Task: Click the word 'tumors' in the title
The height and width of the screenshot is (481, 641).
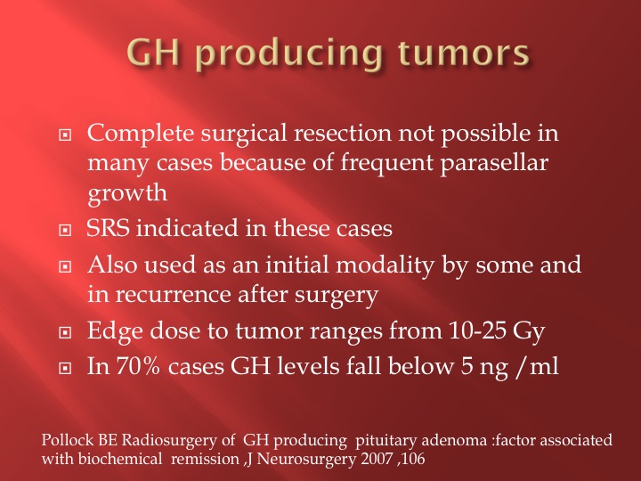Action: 464,53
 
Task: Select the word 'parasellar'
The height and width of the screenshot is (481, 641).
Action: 494,163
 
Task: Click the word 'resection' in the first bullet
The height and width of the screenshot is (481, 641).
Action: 343,134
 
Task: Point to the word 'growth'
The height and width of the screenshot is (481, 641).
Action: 127,193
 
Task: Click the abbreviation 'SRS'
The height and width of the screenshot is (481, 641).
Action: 109,228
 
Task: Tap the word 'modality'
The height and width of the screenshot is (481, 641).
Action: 385,265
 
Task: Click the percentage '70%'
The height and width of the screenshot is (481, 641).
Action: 138,366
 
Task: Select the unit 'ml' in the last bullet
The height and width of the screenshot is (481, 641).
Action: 544,366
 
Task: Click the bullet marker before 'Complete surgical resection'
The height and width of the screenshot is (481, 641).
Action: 65,135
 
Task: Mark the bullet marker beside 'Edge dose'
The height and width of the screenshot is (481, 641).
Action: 65,332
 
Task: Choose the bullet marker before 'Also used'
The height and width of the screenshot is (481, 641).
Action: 65,266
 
